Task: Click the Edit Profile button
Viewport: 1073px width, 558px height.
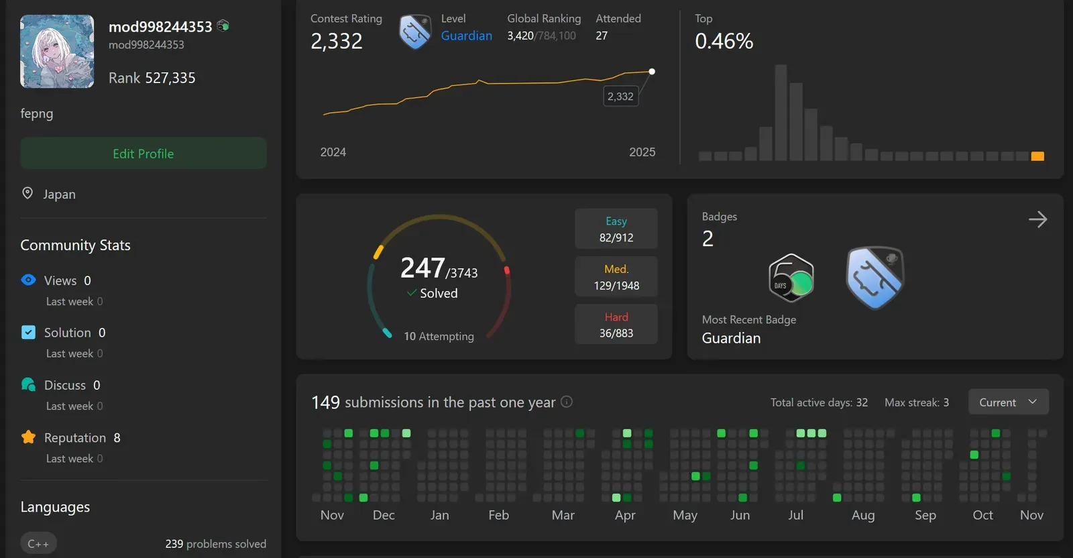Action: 143,154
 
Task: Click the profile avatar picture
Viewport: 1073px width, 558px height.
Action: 57,52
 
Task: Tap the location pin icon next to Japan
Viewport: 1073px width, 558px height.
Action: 27,193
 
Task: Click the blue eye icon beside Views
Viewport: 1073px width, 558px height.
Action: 28,280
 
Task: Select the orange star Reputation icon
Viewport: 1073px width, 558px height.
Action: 28,437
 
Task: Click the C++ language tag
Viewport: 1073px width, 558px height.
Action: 38,543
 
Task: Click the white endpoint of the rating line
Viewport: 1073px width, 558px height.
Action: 652,71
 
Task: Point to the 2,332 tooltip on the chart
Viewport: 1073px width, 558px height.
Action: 620,97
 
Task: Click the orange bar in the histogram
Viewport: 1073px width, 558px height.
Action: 1037,156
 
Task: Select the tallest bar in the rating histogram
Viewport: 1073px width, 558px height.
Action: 781,113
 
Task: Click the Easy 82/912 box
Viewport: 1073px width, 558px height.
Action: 616,229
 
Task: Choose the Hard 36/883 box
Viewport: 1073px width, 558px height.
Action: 616,325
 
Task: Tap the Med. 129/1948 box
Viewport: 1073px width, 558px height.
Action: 616,277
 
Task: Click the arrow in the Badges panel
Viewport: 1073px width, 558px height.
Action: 1037,219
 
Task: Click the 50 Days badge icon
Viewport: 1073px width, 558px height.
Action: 791,278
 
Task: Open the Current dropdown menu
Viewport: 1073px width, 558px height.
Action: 1008,402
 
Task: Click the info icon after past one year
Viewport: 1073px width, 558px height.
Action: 567,402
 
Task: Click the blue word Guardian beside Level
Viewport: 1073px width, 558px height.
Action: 466,36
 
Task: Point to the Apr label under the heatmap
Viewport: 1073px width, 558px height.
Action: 625,515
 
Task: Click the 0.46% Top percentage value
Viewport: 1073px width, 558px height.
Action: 724,42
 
